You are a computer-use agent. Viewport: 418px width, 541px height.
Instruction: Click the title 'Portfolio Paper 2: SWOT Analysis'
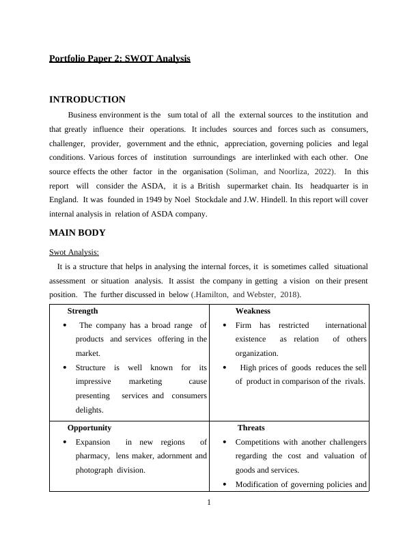pyautogui.click(x=120, y=59)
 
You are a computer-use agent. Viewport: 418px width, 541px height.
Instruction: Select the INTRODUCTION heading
pyautogui.click(x=87, y=100)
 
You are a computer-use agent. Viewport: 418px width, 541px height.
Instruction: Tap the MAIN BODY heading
pyautogui.click(x=77, y=233)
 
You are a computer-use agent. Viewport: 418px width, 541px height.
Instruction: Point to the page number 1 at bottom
pyautogui.click(x=209, y=503)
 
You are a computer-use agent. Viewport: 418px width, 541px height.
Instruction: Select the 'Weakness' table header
pyautogui.click(x=253, y=311)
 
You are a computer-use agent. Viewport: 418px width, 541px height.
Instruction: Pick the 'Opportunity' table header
pyautogui.click(x=89, y=428)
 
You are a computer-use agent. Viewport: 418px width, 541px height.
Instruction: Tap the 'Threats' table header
pyautogui.click(x=251, y=428)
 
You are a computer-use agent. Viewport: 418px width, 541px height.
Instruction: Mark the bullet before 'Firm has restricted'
pyautogui.click(x=225, y=326)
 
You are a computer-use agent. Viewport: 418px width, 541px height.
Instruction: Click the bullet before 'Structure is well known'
pyautogui.click(x=65, y=367)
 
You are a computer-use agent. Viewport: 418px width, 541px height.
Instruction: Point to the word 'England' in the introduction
pyautogui.click(x=64, y=200)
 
